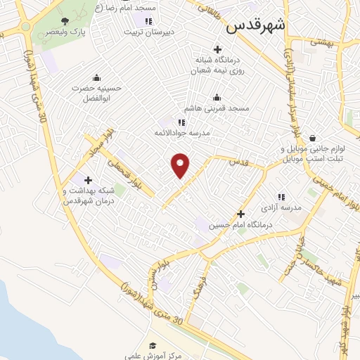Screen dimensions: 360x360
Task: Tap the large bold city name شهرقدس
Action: pos(255,26)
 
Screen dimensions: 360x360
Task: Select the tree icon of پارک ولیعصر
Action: pos(65,22)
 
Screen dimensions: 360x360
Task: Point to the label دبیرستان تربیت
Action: pos(150,32)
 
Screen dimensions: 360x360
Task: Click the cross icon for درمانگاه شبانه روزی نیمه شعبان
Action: pos(217,49)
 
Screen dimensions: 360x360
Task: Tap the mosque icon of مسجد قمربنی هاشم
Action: pos(217,98)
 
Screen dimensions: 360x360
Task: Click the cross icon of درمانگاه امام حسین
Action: pos(241,214)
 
